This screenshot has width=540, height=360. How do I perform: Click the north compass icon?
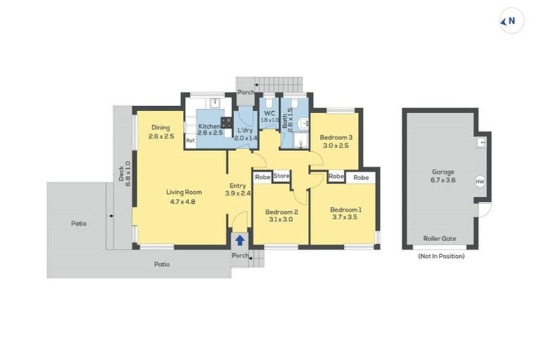(511, 22)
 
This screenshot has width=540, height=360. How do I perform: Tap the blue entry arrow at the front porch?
(240, 240)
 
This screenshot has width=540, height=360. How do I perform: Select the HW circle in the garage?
(480, 181)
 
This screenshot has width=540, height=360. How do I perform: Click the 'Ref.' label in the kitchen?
(191, 141)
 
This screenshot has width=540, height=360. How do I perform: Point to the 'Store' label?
(281, 176)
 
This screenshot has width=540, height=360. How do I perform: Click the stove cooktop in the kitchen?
(226, 122)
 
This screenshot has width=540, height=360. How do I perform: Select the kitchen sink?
(217, 105)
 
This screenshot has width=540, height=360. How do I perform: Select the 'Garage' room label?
(443, 172)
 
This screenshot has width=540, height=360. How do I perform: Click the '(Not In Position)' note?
(441, 257)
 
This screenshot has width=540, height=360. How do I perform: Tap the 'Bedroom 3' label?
(335, 137)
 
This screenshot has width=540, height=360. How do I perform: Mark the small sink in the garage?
(482, 142)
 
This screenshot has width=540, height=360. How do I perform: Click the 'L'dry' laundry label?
(245, 131)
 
